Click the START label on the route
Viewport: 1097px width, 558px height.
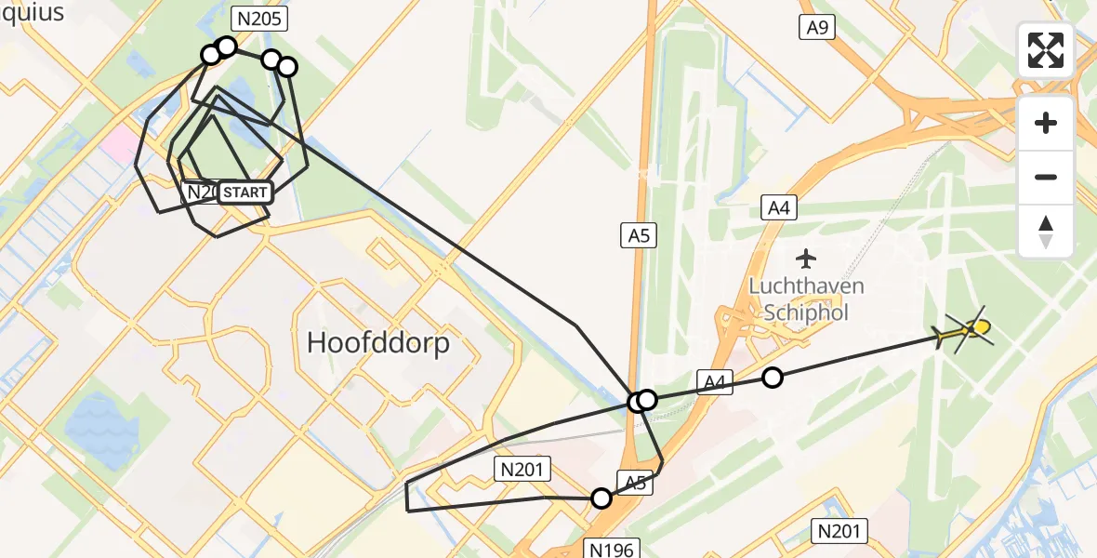[245, 193]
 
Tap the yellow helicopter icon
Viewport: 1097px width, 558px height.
[967, 329]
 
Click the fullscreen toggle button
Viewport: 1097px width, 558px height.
[1046, 50]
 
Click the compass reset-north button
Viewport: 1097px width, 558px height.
[1046, 231]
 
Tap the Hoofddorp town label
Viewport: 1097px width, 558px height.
[378, 343]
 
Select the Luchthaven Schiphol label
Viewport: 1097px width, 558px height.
[806, 299]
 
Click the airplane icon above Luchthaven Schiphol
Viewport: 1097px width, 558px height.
[806, 257]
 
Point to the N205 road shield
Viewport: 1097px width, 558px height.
[260, 19]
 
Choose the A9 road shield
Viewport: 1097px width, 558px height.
[817, 27]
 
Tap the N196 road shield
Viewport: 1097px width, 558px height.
[612, 550]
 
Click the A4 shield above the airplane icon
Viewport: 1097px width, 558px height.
[778, 207]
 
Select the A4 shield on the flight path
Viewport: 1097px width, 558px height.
[715, 380]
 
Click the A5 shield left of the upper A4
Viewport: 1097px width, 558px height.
[639, 235]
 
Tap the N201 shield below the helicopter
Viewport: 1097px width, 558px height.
[839, 531]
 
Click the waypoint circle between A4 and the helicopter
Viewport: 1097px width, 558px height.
[773, 377]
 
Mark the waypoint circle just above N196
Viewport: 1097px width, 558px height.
[601, 498]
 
